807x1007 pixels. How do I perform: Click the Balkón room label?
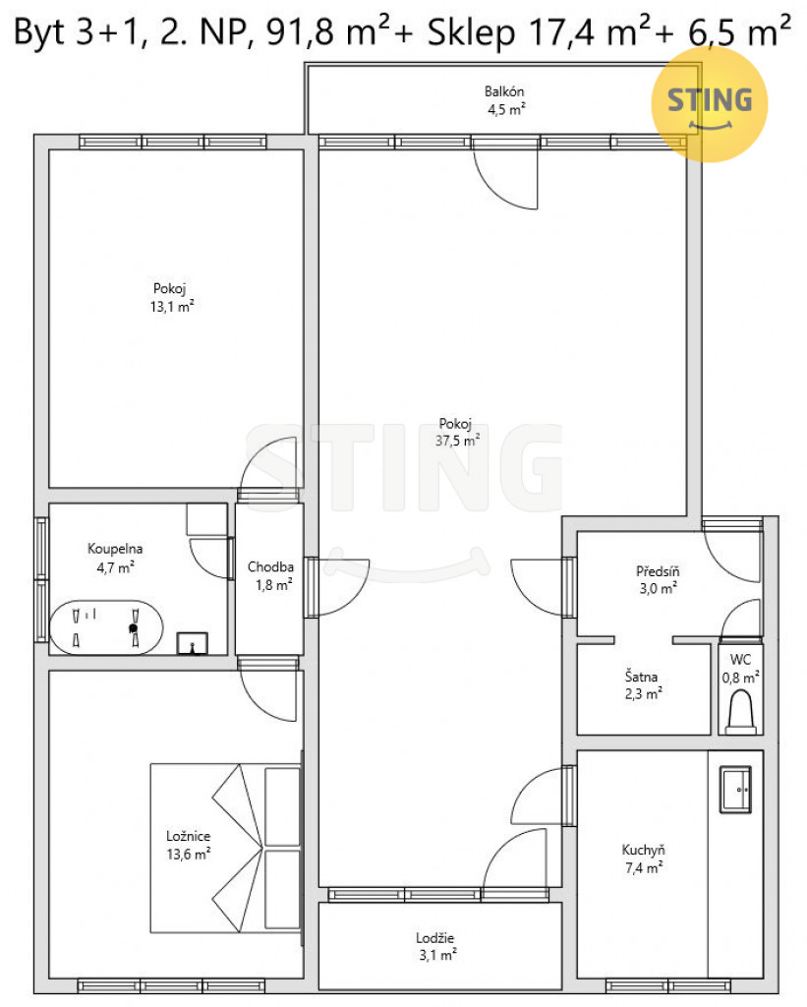coord(504,91)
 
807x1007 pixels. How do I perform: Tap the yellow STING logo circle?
coord(710,104)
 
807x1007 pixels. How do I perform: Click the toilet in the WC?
coord(740,712)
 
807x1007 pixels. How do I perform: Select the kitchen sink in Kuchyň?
coord(735,790)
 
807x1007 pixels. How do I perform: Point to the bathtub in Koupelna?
coord(106,627)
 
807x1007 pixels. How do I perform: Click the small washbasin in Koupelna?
coord(192,643)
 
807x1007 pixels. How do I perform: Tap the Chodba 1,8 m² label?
coord(271,575)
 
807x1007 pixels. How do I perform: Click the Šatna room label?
coord(641,677)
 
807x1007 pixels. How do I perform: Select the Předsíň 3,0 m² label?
coord(658,579)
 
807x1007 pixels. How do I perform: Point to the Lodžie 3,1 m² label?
coord(436,946)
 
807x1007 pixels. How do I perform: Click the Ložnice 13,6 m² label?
coord(188,845)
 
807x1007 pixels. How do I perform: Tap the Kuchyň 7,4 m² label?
coord(643,858)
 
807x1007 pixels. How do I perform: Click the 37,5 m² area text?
coord(457,441)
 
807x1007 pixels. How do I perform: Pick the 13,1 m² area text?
coord(171,307)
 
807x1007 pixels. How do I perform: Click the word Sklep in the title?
coord(471,30)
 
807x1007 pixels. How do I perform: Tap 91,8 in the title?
coord(300,32)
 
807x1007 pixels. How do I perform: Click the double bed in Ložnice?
coord(226,848)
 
